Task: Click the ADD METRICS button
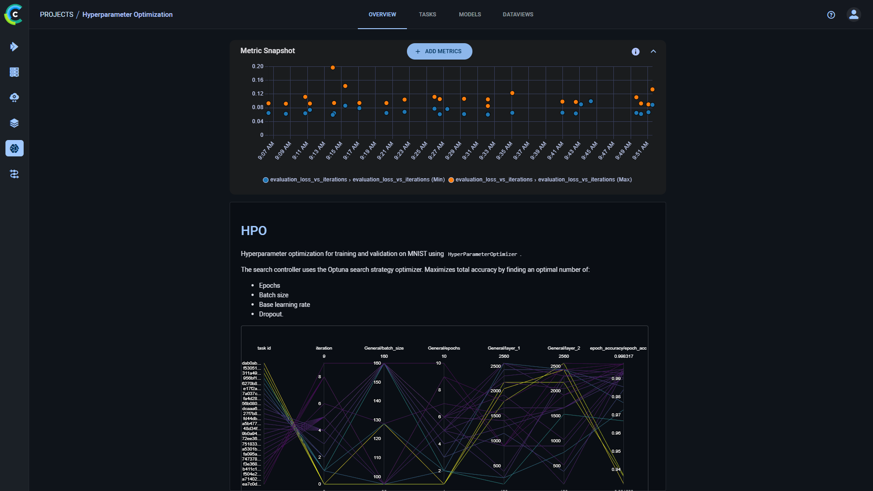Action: coord(439,51)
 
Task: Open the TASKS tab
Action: coord(427,15)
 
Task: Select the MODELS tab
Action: coord(470,15)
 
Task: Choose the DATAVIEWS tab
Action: coord(518,15)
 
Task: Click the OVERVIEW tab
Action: coord(382,15)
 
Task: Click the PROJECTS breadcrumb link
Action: coord(56,15)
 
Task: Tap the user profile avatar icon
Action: coord(853,15)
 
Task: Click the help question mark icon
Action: coord(831,15)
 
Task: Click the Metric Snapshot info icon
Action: coord(635,52)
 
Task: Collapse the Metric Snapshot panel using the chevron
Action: coord(653,51)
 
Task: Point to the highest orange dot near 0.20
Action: coord(333,67)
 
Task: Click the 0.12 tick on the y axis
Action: coord(257,94)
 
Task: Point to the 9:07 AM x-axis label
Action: coord(266,150)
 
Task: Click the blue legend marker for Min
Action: coord(266,180)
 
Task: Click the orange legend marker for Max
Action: coord(451,180)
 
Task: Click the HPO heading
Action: coord(254,231)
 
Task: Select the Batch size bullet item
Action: coord(273,295)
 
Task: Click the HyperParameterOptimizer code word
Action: coord(482,254)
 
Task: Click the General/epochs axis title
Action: coord(444,348)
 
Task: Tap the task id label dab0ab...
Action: coord(251,363)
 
